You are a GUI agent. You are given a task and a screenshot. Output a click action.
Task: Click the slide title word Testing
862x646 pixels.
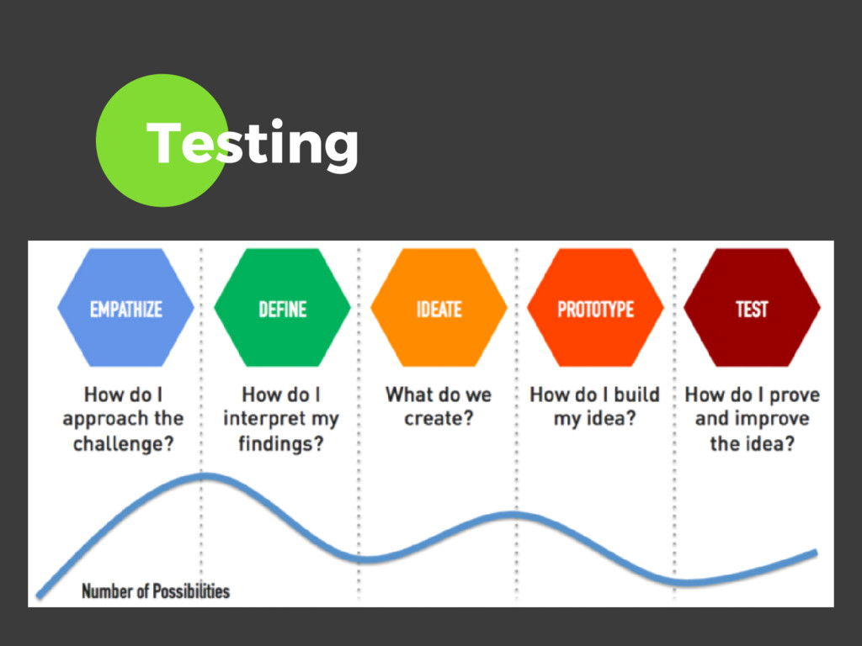tap(252, 143)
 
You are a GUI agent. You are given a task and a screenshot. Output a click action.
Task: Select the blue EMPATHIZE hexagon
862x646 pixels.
tap(125, 309)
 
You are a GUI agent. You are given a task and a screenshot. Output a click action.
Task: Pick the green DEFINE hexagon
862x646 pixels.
tap(282, 309)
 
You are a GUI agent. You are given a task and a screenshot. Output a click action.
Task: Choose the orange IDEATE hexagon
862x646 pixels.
tap(439, 309)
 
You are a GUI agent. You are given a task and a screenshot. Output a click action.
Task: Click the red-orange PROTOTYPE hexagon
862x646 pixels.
tap(595, 309)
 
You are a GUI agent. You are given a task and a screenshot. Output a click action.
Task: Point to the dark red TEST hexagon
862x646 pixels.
tap(752, 309)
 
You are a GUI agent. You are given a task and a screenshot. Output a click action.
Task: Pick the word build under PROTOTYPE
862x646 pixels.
tap(636, 394)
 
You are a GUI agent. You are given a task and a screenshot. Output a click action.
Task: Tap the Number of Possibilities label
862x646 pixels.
tap(155, 590)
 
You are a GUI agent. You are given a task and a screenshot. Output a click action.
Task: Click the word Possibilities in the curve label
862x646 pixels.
tap(190, 590)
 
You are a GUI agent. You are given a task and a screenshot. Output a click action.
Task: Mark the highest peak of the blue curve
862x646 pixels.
tap(204, 476)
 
